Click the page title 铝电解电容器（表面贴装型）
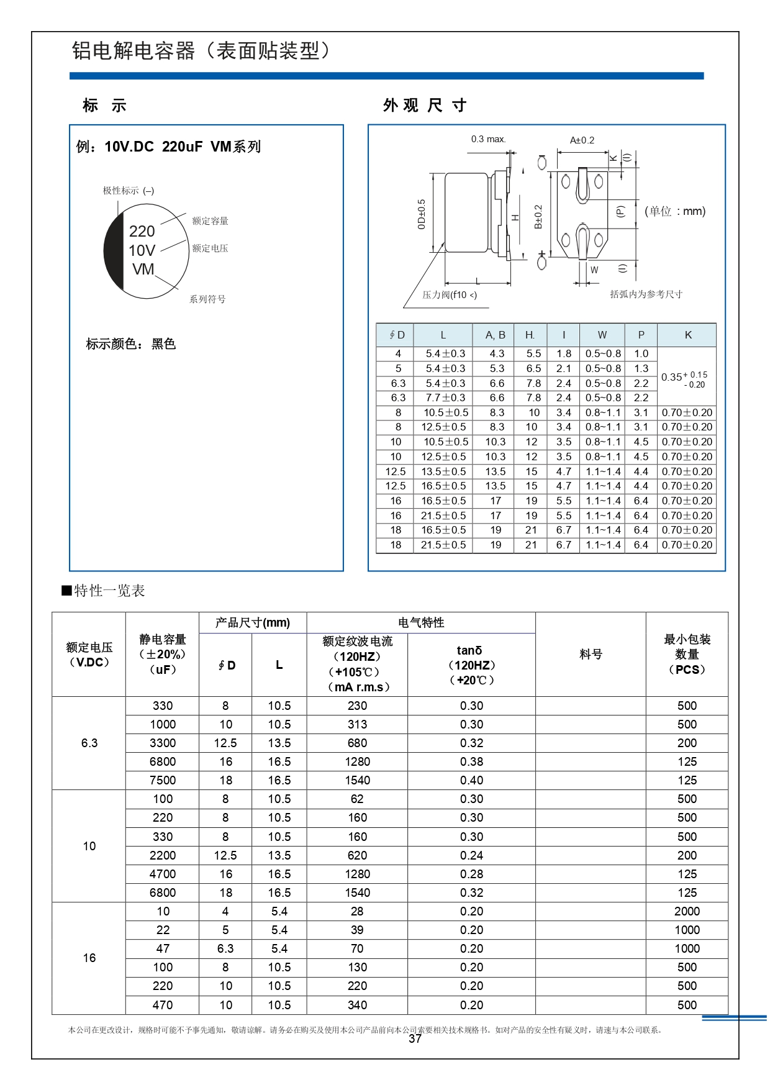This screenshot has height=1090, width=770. pos(201,51)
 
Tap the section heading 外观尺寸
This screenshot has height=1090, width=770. pos(425,106)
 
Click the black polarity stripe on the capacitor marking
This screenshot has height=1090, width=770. pos(114,252)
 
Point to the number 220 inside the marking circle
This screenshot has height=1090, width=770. pos(142,231)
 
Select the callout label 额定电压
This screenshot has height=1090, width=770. pos(210,248)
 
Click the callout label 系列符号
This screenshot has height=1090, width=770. pos(207,299)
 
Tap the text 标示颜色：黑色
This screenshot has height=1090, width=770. pos(131,344)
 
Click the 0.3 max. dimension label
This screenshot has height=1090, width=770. pos(488,139)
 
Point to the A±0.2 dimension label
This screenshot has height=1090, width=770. pos(582,140)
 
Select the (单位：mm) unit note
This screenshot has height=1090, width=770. pos(675,211)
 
